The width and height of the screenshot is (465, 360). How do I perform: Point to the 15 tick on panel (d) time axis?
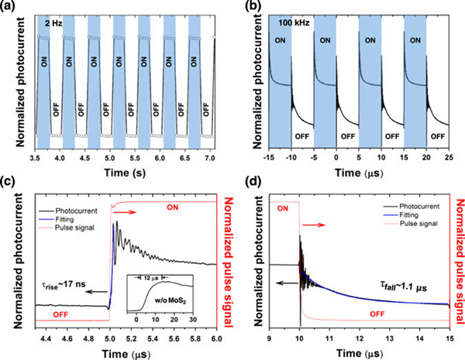pyautogui.click(x=449, y=339)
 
